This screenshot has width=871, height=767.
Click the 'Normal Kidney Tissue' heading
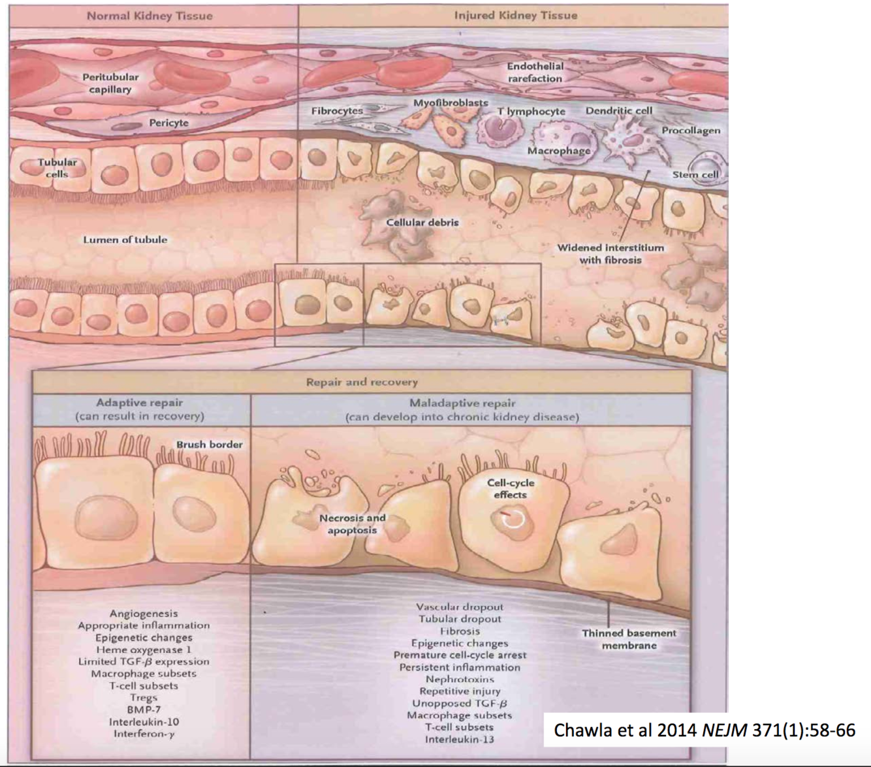[x=150, y=16]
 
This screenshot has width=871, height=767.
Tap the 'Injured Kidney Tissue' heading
[x=515, y=15]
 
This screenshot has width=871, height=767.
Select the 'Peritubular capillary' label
[x=110, y=83]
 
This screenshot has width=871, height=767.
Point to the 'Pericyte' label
[x=168, y=123]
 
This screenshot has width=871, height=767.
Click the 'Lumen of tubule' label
[x=125, y=240]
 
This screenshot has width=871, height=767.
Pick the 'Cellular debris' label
[x=422, y=223]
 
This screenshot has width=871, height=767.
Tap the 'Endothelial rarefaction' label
[x=535, y=72]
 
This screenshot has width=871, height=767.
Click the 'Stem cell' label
[x=695, y=175]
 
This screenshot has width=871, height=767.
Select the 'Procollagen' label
[x=691, y=131]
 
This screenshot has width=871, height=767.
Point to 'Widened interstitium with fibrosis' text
[x=610, y=254]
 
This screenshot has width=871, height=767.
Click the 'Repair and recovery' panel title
[x=362, y=382]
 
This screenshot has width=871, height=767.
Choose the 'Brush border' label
[x=209, y=445]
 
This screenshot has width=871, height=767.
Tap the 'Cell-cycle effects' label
[x=510, y=488]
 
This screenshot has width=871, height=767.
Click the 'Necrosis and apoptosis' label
[x=352, y=524]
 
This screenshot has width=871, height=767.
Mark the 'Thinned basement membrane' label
[x=629, y=639]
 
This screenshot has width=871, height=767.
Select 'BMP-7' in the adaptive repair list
[x=144, y=710]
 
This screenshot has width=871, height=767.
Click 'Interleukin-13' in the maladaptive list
[x=459, y=740]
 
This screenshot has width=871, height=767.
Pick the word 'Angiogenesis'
[x=144, y=614]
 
